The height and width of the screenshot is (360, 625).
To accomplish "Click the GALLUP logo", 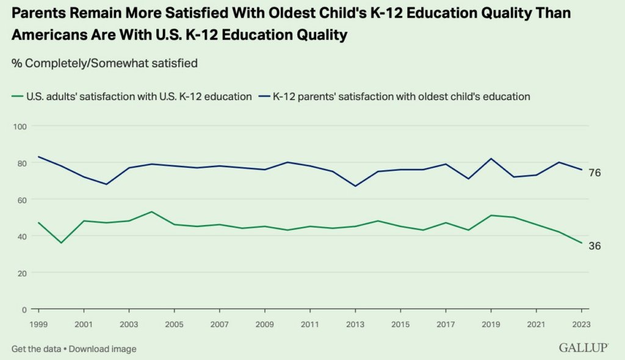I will tap(583, 348).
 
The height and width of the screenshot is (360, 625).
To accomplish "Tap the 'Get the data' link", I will tap(36, 349).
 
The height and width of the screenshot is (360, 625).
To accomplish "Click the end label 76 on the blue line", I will tap(594, 173).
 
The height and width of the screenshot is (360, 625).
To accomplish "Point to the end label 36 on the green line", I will tap(594, 246).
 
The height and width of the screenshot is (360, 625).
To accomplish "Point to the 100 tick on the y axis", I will tap(21, 126).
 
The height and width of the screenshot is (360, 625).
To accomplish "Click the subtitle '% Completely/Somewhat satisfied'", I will tap(104, 63).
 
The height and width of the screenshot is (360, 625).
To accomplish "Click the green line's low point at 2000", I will tap(60, 243).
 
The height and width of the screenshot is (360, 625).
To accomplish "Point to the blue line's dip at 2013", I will tap(355, 186).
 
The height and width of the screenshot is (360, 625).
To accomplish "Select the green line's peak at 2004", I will tap(151, 212).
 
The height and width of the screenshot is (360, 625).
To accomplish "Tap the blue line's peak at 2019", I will tap(490, 159).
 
